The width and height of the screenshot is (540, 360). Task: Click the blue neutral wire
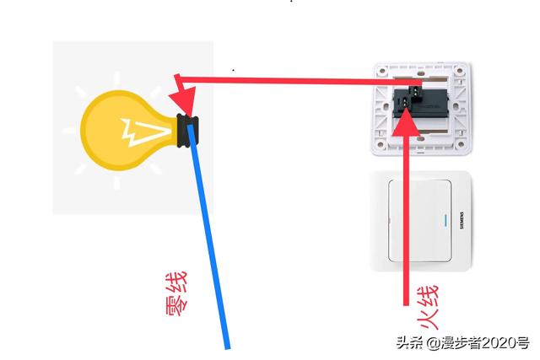point(211,244)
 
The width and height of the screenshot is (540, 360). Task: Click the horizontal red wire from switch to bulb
point(287,82)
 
